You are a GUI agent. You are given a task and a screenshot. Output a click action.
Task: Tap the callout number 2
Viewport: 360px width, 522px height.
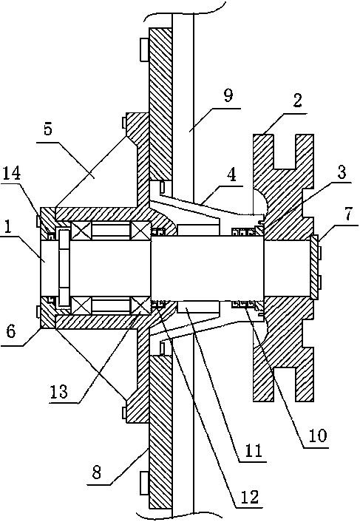(296, 101)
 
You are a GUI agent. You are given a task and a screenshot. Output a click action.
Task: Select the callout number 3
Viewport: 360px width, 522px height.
(341, 172)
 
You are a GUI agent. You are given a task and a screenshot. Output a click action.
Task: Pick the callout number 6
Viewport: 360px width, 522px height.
(10, 331)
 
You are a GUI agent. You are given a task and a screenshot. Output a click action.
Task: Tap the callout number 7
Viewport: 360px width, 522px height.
(348, 215)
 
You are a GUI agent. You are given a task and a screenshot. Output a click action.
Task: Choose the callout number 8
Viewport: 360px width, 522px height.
(97, 472)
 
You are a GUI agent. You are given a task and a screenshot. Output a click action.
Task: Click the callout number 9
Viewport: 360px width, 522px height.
(228, 95)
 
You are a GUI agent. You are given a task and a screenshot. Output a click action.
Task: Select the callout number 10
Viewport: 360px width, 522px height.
(318, 435)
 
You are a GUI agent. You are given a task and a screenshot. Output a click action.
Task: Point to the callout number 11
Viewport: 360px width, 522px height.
(254, 450)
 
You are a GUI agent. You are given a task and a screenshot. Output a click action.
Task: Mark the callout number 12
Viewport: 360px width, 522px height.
(250, 497)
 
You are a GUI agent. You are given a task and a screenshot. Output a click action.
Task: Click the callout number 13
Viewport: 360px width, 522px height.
(58, 391)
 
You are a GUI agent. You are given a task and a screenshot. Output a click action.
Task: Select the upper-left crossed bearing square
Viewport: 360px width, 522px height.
(81, 231)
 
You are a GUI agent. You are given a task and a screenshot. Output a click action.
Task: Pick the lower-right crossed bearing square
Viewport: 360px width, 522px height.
(141, 305)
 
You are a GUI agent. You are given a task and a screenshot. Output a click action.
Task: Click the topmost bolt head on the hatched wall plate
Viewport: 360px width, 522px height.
(144, 50)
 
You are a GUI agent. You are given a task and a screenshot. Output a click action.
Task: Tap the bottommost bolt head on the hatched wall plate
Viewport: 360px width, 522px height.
(144, 482)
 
